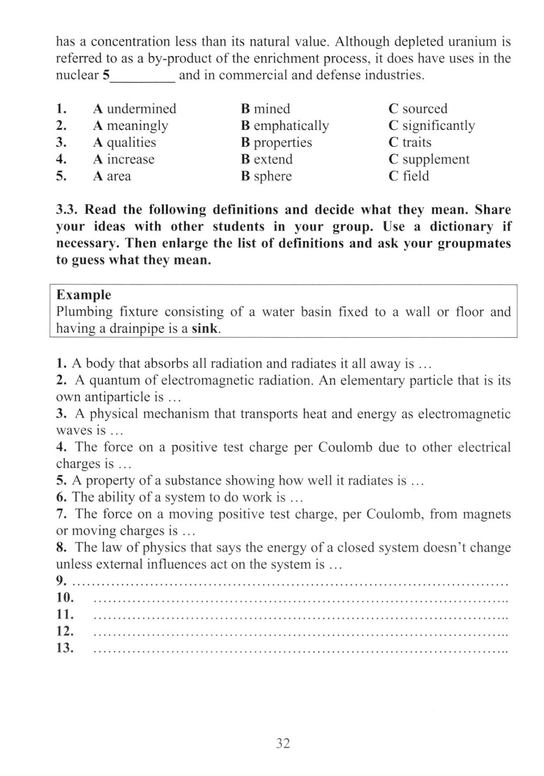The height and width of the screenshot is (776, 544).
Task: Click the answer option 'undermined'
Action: click(x=141, y=109)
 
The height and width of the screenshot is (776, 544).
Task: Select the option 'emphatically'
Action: click(x=291, y=126)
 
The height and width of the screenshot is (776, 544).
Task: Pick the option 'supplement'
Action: click(x=436, y=159)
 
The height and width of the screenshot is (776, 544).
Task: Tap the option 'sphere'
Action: click(x=273, y=176)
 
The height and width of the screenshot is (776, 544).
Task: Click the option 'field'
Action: click(x=416, y=176)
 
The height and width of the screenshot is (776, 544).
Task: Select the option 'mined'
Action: click(x=272, y=109)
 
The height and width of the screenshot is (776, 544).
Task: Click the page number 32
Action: click(x=283, y=743)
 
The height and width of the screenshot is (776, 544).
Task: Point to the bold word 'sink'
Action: click(x=206, y=329)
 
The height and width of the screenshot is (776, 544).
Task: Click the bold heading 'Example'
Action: click(x=84, y=295)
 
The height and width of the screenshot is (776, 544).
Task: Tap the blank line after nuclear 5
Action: click(x=143, y=76)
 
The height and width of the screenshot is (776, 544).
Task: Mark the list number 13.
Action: click(x=65, y=648)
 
